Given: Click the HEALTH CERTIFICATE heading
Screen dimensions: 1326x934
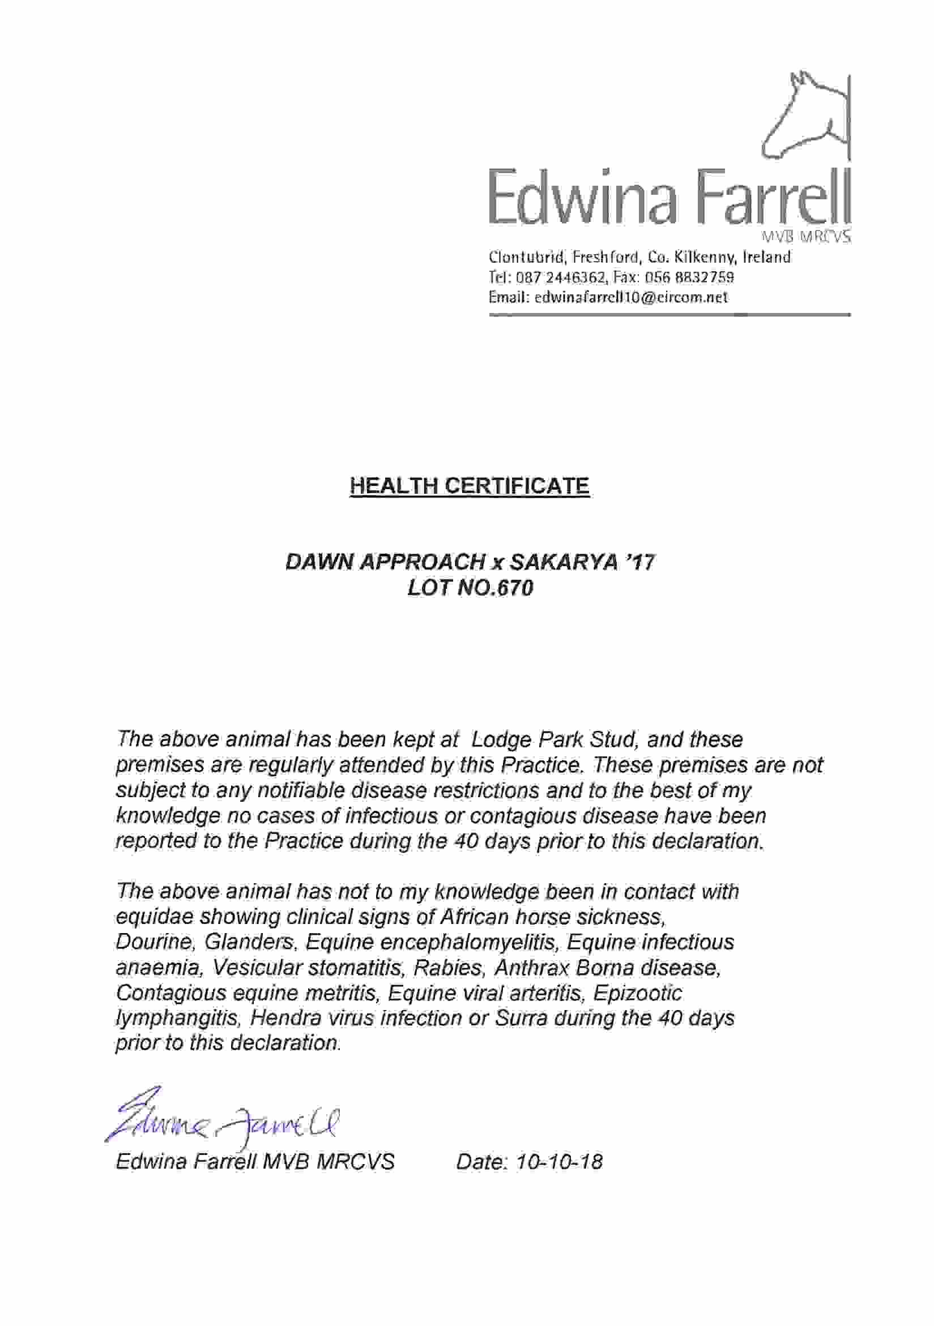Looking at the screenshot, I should (x=469, y=486).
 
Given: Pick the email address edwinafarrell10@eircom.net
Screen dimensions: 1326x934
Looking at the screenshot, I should (x=632, y=297).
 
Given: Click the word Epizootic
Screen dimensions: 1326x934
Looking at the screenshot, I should (x=637, y=993).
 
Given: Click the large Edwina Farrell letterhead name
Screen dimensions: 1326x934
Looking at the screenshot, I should (x=670, y=197).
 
